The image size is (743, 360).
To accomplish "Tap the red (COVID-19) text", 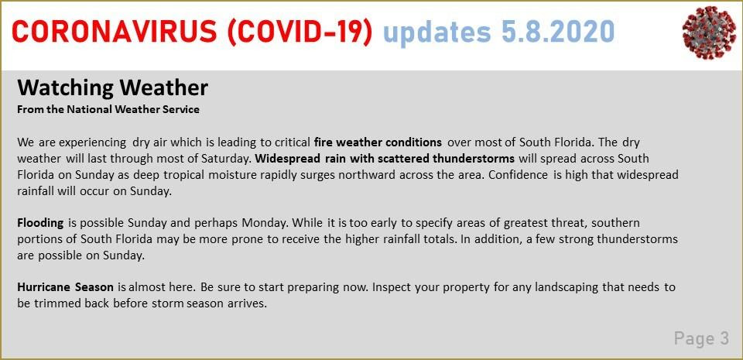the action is pos(300,33).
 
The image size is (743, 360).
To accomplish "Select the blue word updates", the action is pos(437,33).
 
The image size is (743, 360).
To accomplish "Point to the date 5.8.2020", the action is pos(558,33).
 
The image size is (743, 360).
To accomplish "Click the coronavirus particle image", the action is pos(709,33).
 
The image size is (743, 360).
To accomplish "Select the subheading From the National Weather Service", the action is pos(108,109).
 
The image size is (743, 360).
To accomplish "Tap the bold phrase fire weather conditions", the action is pos(378,142).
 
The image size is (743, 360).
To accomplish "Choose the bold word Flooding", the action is pos(40,223).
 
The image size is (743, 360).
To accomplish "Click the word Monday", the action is pos(262,223).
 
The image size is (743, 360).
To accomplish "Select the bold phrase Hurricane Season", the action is pos(65,287).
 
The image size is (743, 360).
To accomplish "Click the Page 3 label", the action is pos(701,338).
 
